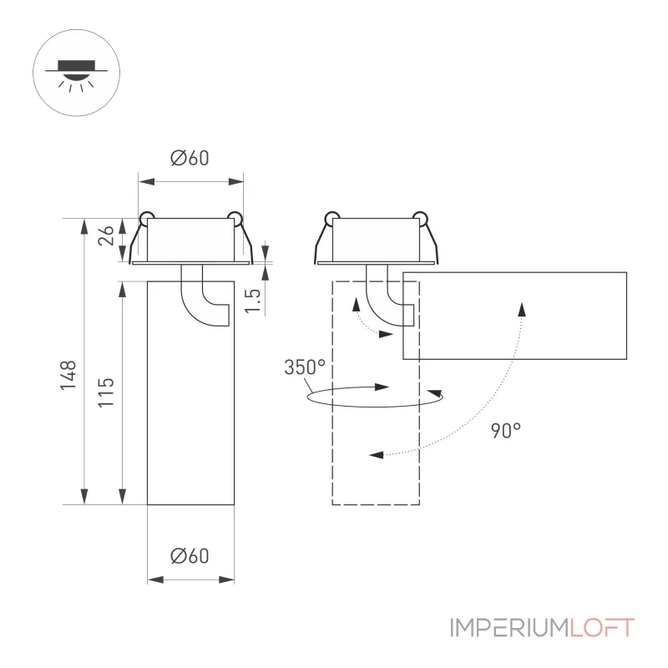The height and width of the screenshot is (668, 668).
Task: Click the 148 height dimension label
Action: click(68, 375)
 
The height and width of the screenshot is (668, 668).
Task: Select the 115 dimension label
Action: click(106, 392)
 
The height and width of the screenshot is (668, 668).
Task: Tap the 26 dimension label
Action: click(106, 235)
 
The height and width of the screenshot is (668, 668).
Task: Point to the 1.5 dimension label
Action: click(253, 301)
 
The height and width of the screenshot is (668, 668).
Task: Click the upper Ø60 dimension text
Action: click(190, 158)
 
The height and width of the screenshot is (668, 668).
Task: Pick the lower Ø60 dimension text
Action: click(190, 556)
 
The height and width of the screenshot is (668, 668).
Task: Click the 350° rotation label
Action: click(305, 367)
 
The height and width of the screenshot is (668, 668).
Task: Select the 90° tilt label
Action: click(506, 431)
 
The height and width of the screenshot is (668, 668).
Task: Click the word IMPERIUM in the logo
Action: click(509, 628)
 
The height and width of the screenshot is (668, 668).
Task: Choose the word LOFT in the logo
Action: click(602, 628)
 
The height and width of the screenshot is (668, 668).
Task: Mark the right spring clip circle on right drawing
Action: click(421, 218)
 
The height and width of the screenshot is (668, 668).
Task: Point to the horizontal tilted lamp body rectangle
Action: click(514, 316)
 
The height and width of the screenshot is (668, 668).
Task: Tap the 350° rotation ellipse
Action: click(375, 407)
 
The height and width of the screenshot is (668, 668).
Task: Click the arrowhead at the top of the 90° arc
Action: click(522, 309)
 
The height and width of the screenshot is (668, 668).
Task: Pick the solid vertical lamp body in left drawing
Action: click(190, 392)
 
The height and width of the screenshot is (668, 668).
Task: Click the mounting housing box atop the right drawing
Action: click(375, 239)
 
